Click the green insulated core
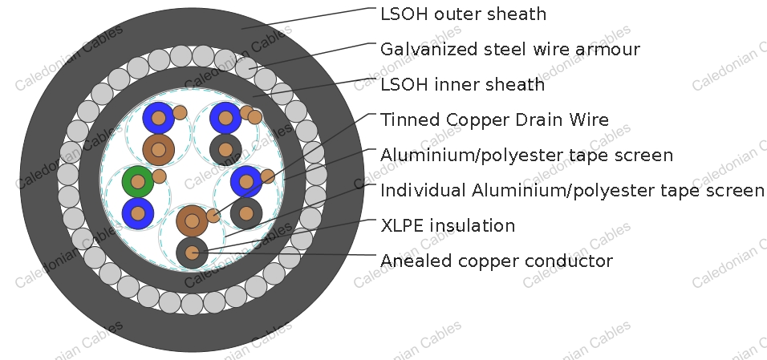(x=138, y=181)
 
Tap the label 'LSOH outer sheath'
(x=463, y=14)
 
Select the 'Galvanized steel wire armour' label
(x=509, y=49)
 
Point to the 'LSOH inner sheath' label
(x=462, y=84)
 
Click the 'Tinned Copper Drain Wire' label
(x=494, y=119)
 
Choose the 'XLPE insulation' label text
(x=448, y=225)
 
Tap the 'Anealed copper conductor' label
(x=496, y=261)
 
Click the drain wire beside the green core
(x=159, y=176)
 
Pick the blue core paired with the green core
(x=138, y=213)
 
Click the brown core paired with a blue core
(x=159, y=150)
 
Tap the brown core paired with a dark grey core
(x=193, y=220)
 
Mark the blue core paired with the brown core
(x=159, y=118)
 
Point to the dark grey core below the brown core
(x=193, y=253)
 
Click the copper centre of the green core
(x=138, y=181)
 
